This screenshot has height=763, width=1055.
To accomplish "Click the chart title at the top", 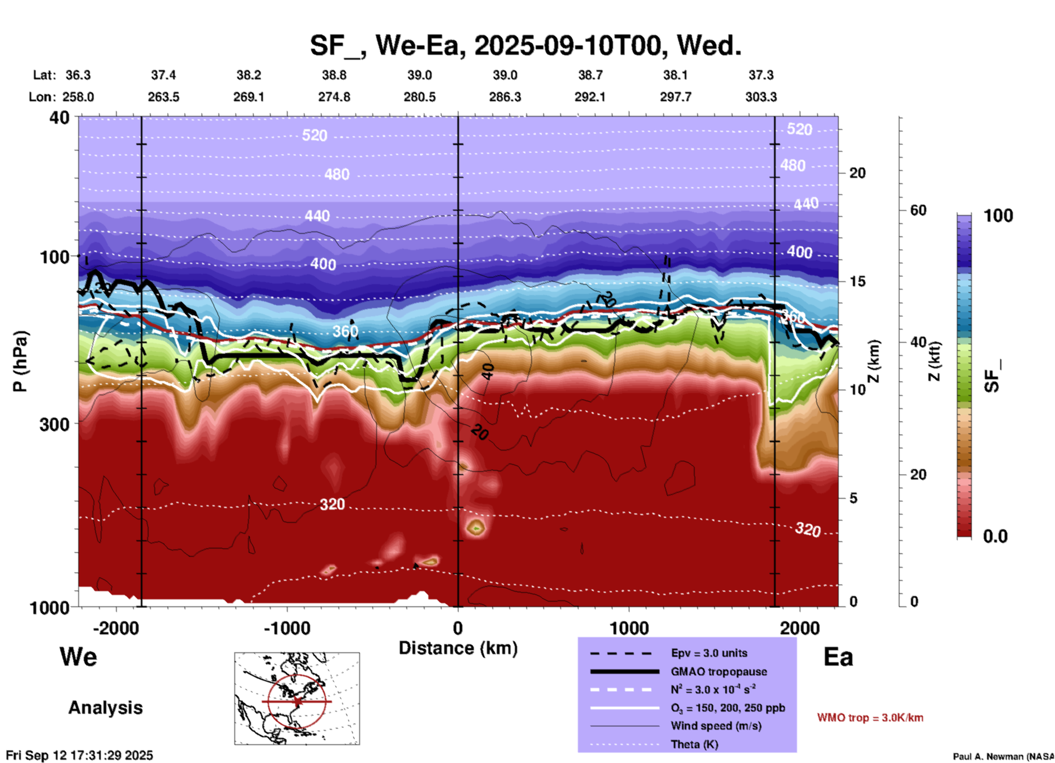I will [526, 45].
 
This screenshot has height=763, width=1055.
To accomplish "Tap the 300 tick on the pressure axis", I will [54, 424].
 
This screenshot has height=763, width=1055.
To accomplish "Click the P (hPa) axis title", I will [20, 361].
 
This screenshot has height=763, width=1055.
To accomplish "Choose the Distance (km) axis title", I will [458, 648].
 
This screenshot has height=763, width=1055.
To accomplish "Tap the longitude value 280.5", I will [420, 97].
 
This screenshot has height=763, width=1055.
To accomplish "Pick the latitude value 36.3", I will [78, 75].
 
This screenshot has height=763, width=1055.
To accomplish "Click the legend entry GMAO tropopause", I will [719, 672].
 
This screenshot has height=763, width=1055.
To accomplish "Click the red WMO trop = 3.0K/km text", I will [870, 718].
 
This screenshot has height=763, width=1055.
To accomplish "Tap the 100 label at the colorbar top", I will [998, 216].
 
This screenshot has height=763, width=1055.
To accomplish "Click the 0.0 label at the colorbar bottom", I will [995, 536].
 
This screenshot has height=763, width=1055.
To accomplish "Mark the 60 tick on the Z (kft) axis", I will [918, 210].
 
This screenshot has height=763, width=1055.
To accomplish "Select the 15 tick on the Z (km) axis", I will [857, 281].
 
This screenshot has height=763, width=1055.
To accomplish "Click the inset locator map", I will [297, 698].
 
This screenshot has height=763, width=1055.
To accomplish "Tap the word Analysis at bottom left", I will [105, 708].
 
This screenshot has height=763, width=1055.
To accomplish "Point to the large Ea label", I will [838, 657].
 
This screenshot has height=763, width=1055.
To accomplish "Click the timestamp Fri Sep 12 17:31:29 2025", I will [79, 755].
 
